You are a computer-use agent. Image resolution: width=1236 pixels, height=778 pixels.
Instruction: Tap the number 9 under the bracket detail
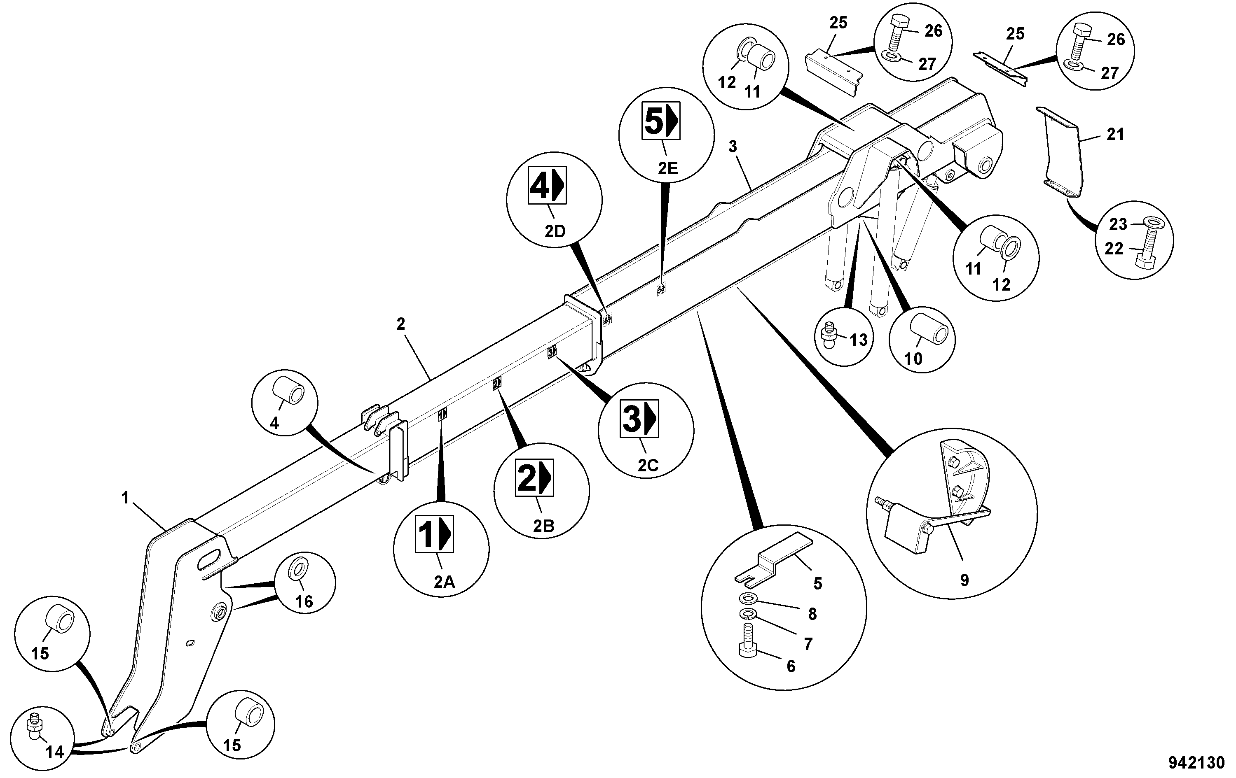pos(964,580)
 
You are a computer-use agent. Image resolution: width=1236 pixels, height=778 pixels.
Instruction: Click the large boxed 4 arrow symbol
pos(547,185)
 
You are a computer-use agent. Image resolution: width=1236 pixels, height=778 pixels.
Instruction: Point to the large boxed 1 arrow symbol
pos(434,534)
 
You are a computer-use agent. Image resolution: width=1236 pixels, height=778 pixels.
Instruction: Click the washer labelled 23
pos(1153,223)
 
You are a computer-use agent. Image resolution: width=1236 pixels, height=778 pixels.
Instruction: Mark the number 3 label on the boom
pos(733,147)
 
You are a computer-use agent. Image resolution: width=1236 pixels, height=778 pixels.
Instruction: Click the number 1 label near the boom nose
pos(125,498)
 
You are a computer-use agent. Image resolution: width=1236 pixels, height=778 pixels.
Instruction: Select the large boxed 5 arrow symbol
pos(661,121)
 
